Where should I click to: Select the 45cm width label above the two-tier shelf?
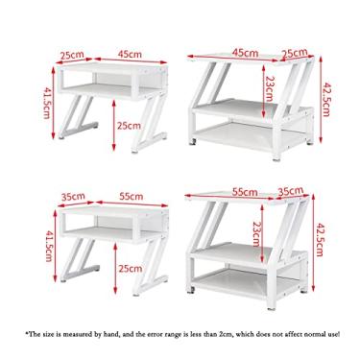(118, 55)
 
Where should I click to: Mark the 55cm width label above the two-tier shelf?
(118, 195)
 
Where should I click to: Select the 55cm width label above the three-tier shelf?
(244, 192)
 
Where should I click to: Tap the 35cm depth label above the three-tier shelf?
(288, 192)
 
